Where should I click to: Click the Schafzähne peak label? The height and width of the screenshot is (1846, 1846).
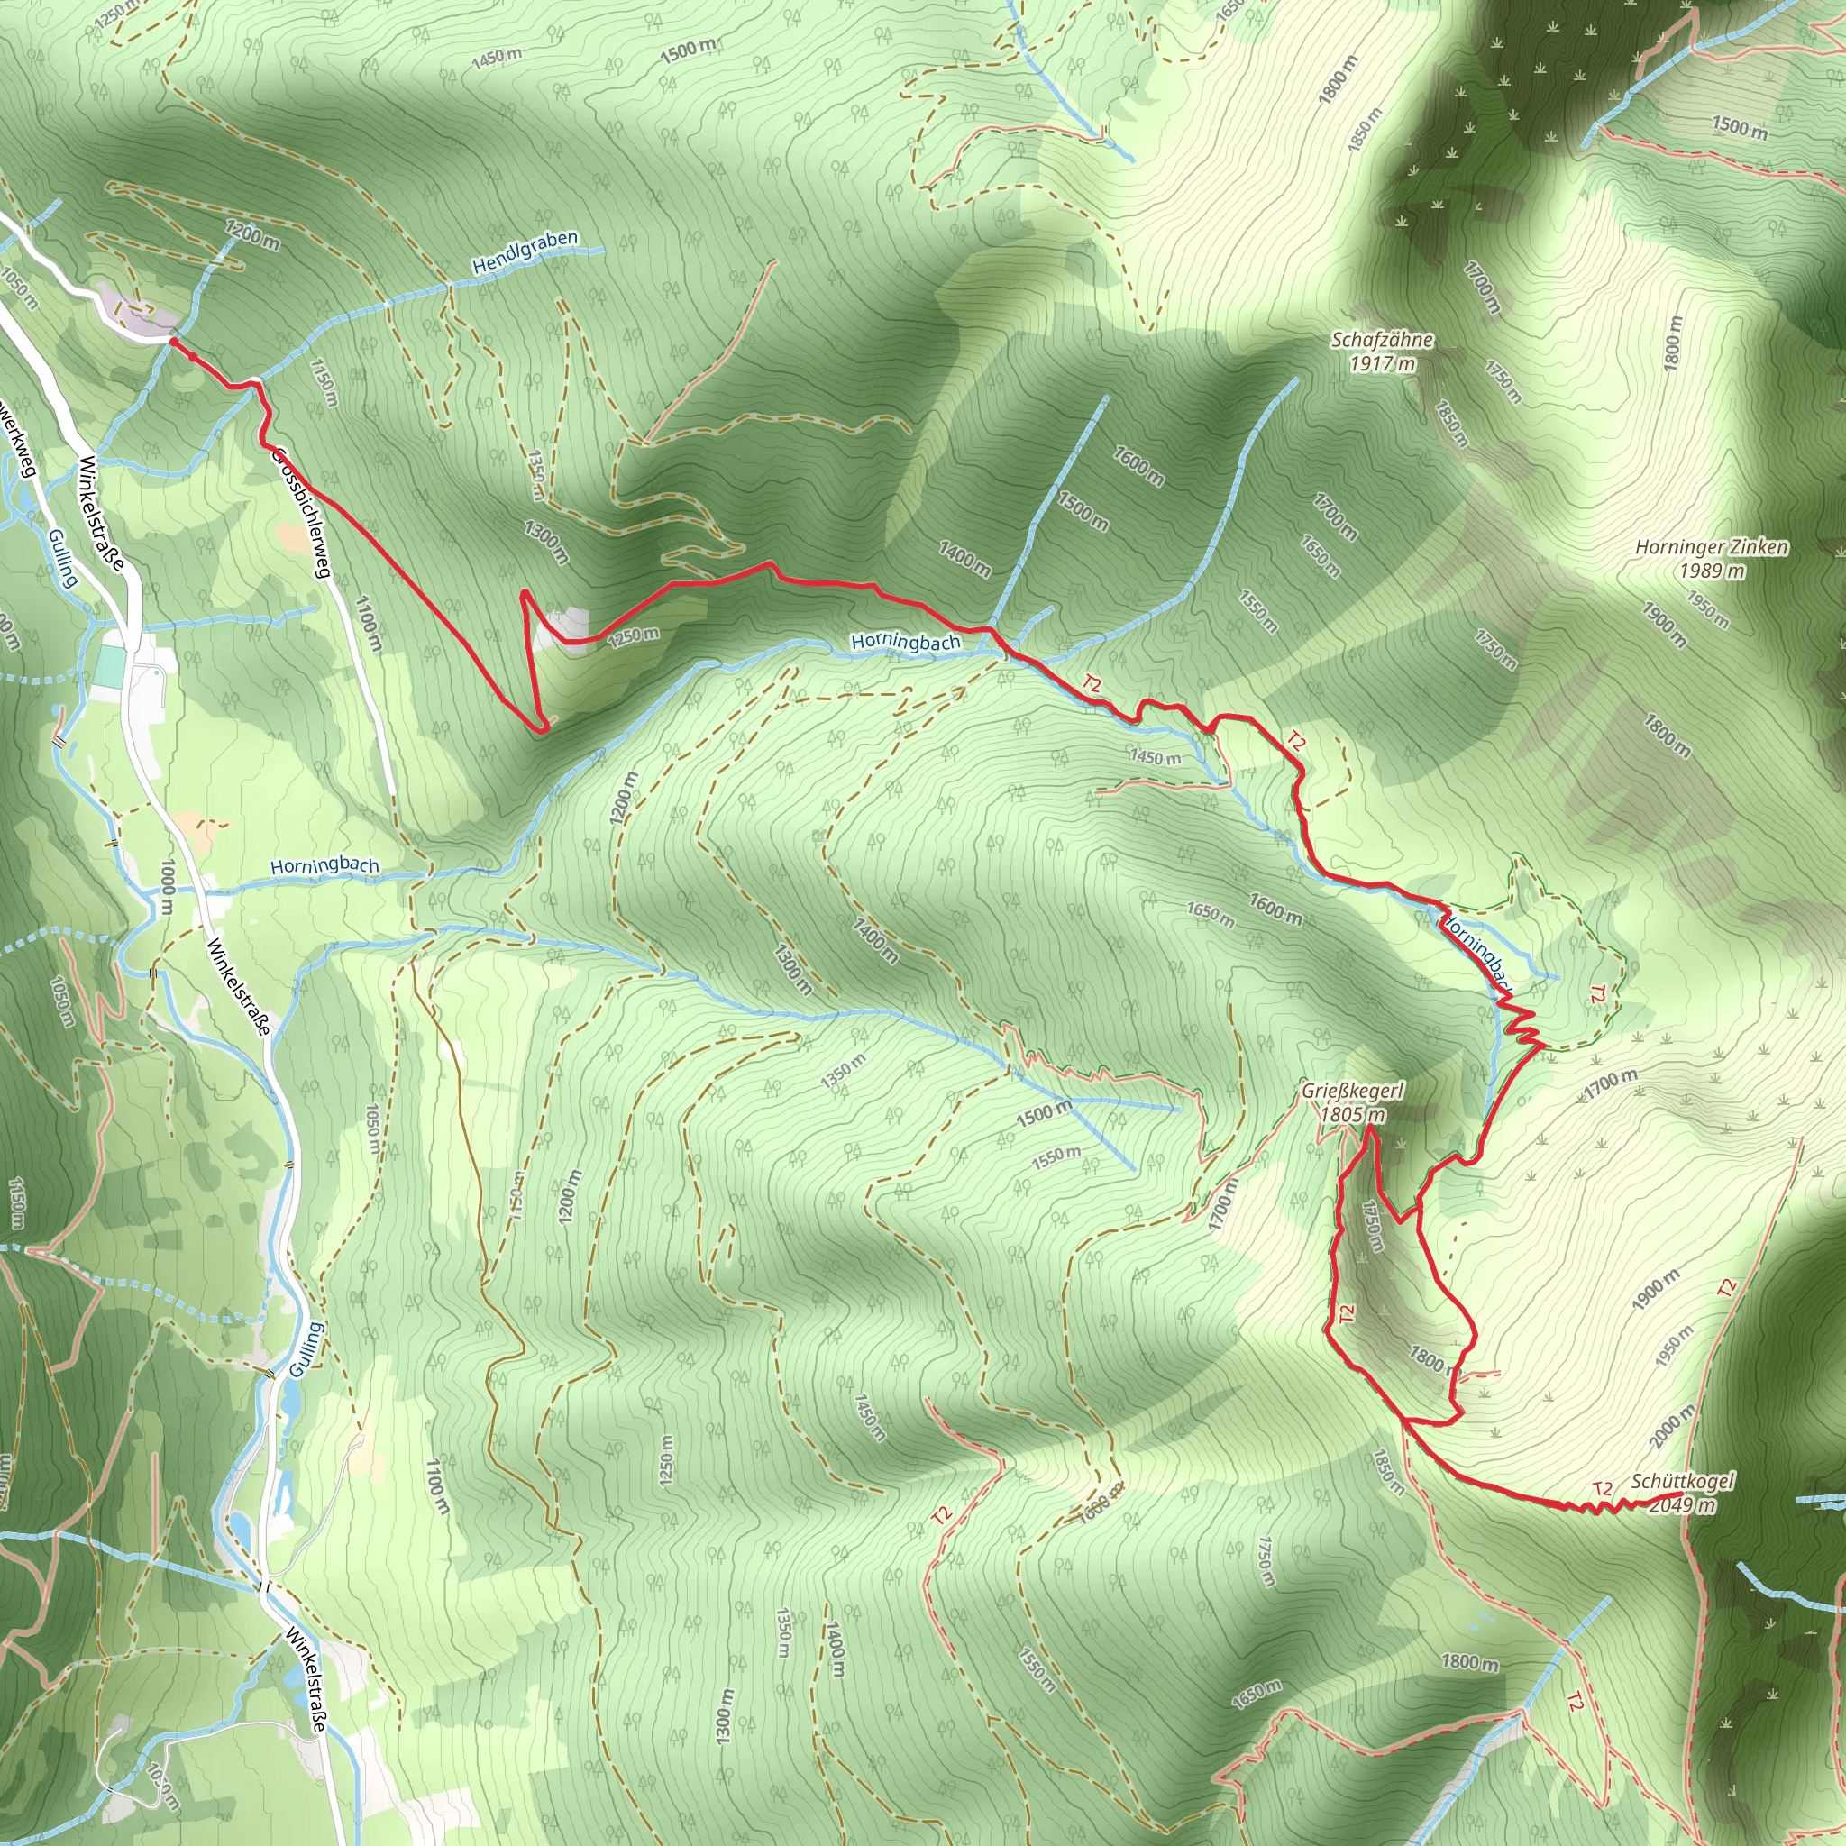click(x=1382, y=340)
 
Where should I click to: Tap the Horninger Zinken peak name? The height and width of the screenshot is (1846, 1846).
click(x=1712, y=547)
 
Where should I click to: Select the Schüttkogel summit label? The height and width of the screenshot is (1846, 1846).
click(x=1683, y=1481)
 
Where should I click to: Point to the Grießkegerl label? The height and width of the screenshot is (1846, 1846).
click(x=1352, y=1092)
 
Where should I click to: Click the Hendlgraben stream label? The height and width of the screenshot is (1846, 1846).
click(x=525, y=252)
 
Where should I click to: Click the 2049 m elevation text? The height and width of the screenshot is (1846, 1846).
click(x=1683, y=1505)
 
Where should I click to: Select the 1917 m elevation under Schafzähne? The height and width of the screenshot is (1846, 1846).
click(x=1382, y=364)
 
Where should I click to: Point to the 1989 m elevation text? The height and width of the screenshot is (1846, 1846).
click(x=1713, y=571)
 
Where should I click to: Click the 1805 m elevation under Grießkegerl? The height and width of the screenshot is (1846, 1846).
click(x=1352, y=1114)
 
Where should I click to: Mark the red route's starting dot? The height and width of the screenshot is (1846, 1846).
click(x=173, y=340)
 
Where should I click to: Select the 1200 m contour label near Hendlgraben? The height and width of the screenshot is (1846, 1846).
click(x=253, y=235)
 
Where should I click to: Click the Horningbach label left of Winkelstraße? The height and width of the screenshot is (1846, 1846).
click(x=324, y=865)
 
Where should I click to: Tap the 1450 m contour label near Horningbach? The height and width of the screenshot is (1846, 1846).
click(x=1156, y=758)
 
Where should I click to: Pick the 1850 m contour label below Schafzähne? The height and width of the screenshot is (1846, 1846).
click(x=1451, y=425)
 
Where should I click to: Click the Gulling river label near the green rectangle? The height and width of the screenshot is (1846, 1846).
click(x=62, y=558)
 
